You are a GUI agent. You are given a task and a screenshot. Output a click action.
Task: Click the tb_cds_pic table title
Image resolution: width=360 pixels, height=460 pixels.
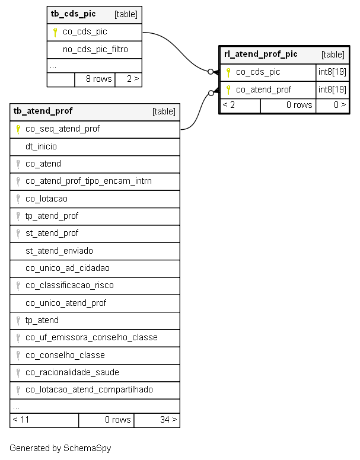click(73, 14)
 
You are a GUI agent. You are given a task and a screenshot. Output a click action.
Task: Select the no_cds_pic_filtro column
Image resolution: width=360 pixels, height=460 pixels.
click(95, 49)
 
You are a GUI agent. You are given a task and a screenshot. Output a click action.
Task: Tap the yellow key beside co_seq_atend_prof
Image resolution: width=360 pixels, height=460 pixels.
click(18, 129)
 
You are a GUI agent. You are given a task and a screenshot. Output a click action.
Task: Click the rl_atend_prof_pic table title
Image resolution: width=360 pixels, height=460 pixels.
click(260, 55)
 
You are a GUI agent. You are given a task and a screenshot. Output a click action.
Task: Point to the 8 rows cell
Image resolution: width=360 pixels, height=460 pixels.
click(95, 79)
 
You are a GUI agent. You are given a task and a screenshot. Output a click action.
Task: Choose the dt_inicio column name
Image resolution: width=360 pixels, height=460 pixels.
click(41, 146)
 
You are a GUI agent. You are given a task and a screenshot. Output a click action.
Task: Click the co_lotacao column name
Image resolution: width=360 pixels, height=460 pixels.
click(46, 199)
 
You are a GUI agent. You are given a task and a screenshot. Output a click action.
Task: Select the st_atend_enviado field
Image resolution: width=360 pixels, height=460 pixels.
click(59, 251)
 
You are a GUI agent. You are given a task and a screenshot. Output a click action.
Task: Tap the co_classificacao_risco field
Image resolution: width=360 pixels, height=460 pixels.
click(69, 286)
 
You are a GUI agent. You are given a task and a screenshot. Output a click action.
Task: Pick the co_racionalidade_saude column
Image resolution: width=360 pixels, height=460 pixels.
click(72, 373)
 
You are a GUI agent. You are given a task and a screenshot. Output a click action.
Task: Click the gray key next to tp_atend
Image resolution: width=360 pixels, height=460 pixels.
click(18, 321)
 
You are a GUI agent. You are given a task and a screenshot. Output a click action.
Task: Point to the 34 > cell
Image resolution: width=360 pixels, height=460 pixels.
click(157, 420)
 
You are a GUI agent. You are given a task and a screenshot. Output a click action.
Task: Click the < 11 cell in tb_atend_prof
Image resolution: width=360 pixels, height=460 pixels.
click(44, 420)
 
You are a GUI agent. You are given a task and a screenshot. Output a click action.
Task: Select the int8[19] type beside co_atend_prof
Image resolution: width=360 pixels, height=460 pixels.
click(332, 90)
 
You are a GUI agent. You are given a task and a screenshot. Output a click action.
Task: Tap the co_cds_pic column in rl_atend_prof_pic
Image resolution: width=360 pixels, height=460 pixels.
click(258, 72)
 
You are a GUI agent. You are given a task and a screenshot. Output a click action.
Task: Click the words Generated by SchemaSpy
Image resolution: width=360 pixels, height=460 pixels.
click(60, 448)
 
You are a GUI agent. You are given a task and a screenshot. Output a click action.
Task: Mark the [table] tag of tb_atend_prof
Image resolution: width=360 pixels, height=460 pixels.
click(164, 111)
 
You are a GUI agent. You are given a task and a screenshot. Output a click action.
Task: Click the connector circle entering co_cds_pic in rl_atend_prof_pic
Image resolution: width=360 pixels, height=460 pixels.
click(211, 72)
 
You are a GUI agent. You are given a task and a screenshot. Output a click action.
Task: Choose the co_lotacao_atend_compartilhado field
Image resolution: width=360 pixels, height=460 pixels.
click(89, 389)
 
